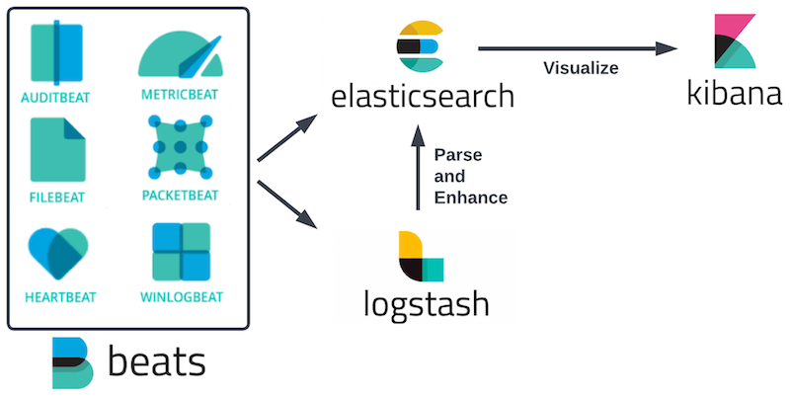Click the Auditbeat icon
tap(56, 53)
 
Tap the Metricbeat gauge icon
tap(181, 56)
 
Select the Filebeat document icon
tap(58, 150)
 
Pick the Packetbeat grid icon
tap(181, 146)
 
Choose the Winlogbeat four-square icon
tap(182, 252)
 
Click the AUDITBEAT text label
tap(55, 97)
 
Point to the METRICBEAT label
tap(180, 95)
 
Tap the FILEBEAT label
tap(57, 197)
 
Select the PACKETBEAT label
tap(181, 196)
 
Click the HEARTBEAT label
tap(60, 297)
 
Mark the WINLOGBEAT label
tap(182, 297)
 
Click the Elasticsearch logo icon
tap(420, 46)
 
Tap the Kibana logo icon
tap(735, 41)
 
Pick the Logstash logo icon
tap(422, 256)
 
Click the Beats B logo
tap(73, 363)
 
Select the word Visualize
tap(581, 67)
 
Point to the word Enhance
tap(471, 198)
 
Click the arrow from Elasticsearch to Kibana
tap(578, 48)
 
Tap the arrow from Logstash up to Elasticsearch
tap(418, 168)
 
